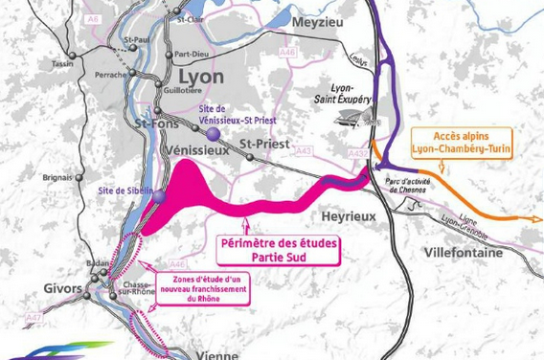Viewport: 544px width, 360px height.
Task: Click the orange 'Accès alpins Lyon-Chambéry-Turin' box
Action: pyautogui.click(x=461, y=143)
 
